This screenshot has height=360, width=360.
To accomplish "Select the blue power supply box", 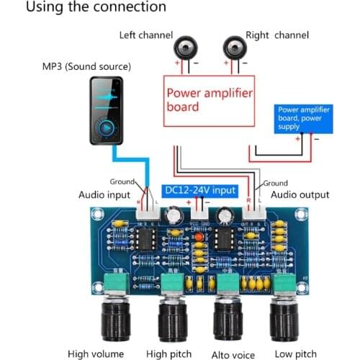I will click(x=304, y=117).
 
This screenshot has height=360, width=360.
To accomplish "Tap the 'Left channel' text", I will click(x=143, y=35).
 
